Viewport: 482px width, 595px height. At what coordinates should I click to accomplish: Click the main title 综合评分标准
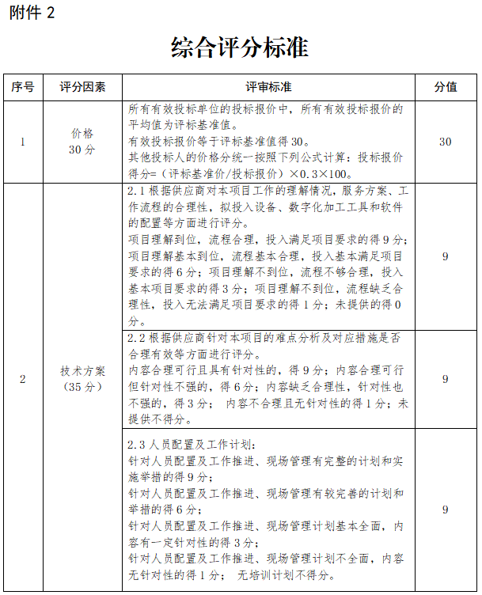tap(240, 49)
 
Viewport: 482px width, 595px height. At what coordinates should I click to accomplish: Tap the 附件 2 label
tap(32, 13)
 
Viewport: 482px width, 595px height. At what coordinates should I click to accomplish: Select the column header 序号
tap(23, 87)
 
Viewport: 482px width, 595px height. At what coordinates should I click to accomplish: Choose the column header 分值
tap(445, 87)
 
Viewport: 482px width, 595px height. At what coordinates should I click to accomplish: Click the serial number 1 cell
tap(23, 142)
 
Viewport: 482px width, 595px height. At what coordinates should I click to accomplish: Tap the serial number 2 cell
tap(23, 380)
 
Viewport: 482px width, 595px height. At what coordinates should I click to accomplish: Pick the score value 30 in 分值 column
tap(445, 142)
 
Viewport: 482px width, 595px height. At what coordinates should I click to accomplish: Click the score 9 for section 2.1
tap(445, 256)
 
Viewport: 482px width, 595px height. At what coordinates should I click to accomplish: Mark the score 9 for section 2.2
tap(445, 380)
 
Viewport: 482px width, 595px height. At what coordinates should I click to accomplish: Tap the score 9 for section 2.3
tap(445, 510)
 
